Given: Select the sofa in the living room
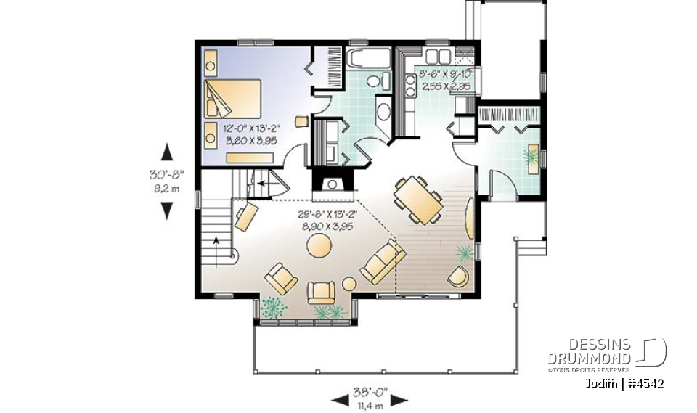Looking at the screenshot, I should pos(383,263).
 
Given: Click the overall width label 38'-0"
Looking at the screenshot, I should pos(370,392).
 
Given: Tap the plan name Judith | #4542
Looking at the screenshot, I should pos(623,383).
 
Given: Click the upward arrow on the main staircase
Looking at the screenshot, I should pos(216,243).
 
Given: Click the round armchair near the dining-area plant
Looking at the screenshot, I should pos(457,276).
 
